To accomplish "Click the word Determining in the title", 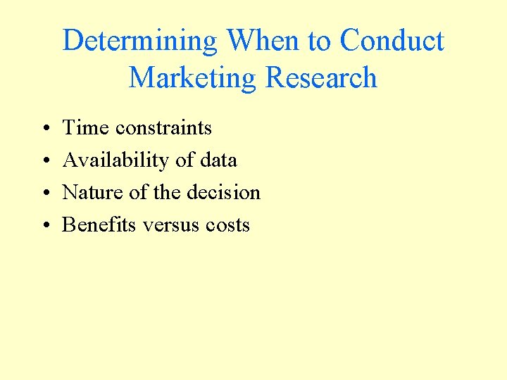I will (x=140, y=41).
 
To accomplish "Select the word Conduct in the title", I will (x=392, y=41).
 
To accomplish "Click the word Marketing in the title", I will (x=192, y=77).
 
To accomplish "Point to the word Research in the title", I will (x=321, y=77).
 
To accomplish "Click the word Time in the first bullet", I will (x=86, y=128).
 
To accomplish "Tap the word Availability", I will (x=116, y=160).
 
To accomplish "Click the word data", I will (x=218, y=160).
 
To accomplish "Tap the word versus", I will (x=171, y=225).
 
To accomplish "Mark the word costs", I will (x=228, y=225).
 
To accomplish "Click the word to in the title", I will (x=320, y=41).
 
